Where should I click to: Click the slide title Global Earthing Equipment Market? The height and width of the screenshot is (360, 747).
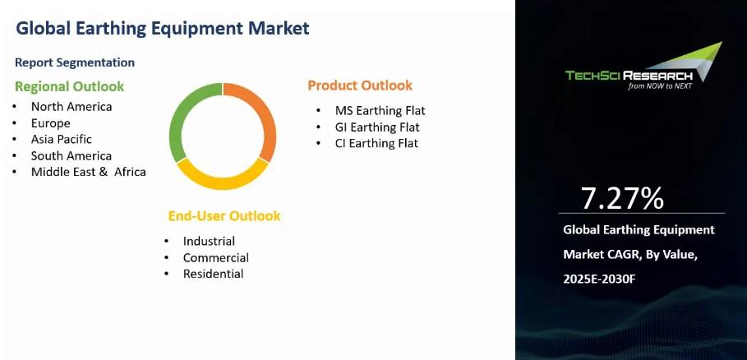pyautogui.click(x=163, y=28)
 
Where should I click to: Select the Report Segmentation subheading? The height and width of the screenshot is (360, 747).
pyautogui.click(x=75, y=62)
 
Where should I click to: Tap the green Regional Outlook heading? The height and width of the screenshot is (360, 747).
pyautogui.click(x=70, y=86)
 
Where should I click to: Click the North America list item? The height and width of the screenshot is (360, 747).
pyautogui.click(x=71, y=107)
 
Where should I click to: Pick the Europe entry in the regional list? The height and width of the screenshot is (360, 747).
pyautogui.click(x=50, y=122)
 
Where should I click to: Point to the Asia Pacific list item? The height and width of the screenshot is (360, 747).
pyautogui.click(x=62, y=139)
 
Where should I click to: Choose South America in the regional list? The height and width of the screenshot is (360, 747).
pyautogui.click(x=71, y=155)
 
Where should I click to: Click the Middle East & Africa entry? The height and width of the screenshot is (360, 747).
pyautogui.click(x=89, y=172)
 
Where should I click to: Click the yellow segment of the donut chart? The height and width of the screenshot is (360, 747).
pyautogui.click(x=222, y=181)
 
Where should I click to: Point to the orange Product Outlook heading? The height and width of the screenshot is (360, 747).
pyautogui.click(x=360, y=85)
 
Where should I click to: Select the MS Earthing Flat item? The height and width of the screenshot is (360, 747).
pyautogui.click(x=380, y=111)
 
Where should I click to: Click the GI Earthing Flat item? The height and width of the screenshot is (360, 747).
pyautogui.click(x=377, y=127)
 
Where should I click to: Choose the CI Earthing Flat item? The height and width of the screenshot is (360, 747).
pyautogui.click(x=376, y=143)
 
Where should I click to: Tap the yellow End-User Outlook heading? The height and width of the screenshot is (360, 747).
pyautogui.click(x=224, y=216)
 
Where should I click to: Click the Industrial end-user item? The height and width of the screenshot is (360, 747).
pyautogui.click(x=209, y=242)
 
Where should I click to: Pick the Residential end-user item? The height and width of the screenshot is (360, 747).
pyautogui.click(x=214, y=274)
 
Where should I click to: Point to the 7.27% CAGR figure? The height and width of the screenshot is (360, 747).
pyautogui.click(x=622, y=198)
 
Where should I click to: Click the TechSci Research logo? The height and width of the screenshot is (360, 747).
pyautogui.click(x=643, y=67)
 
